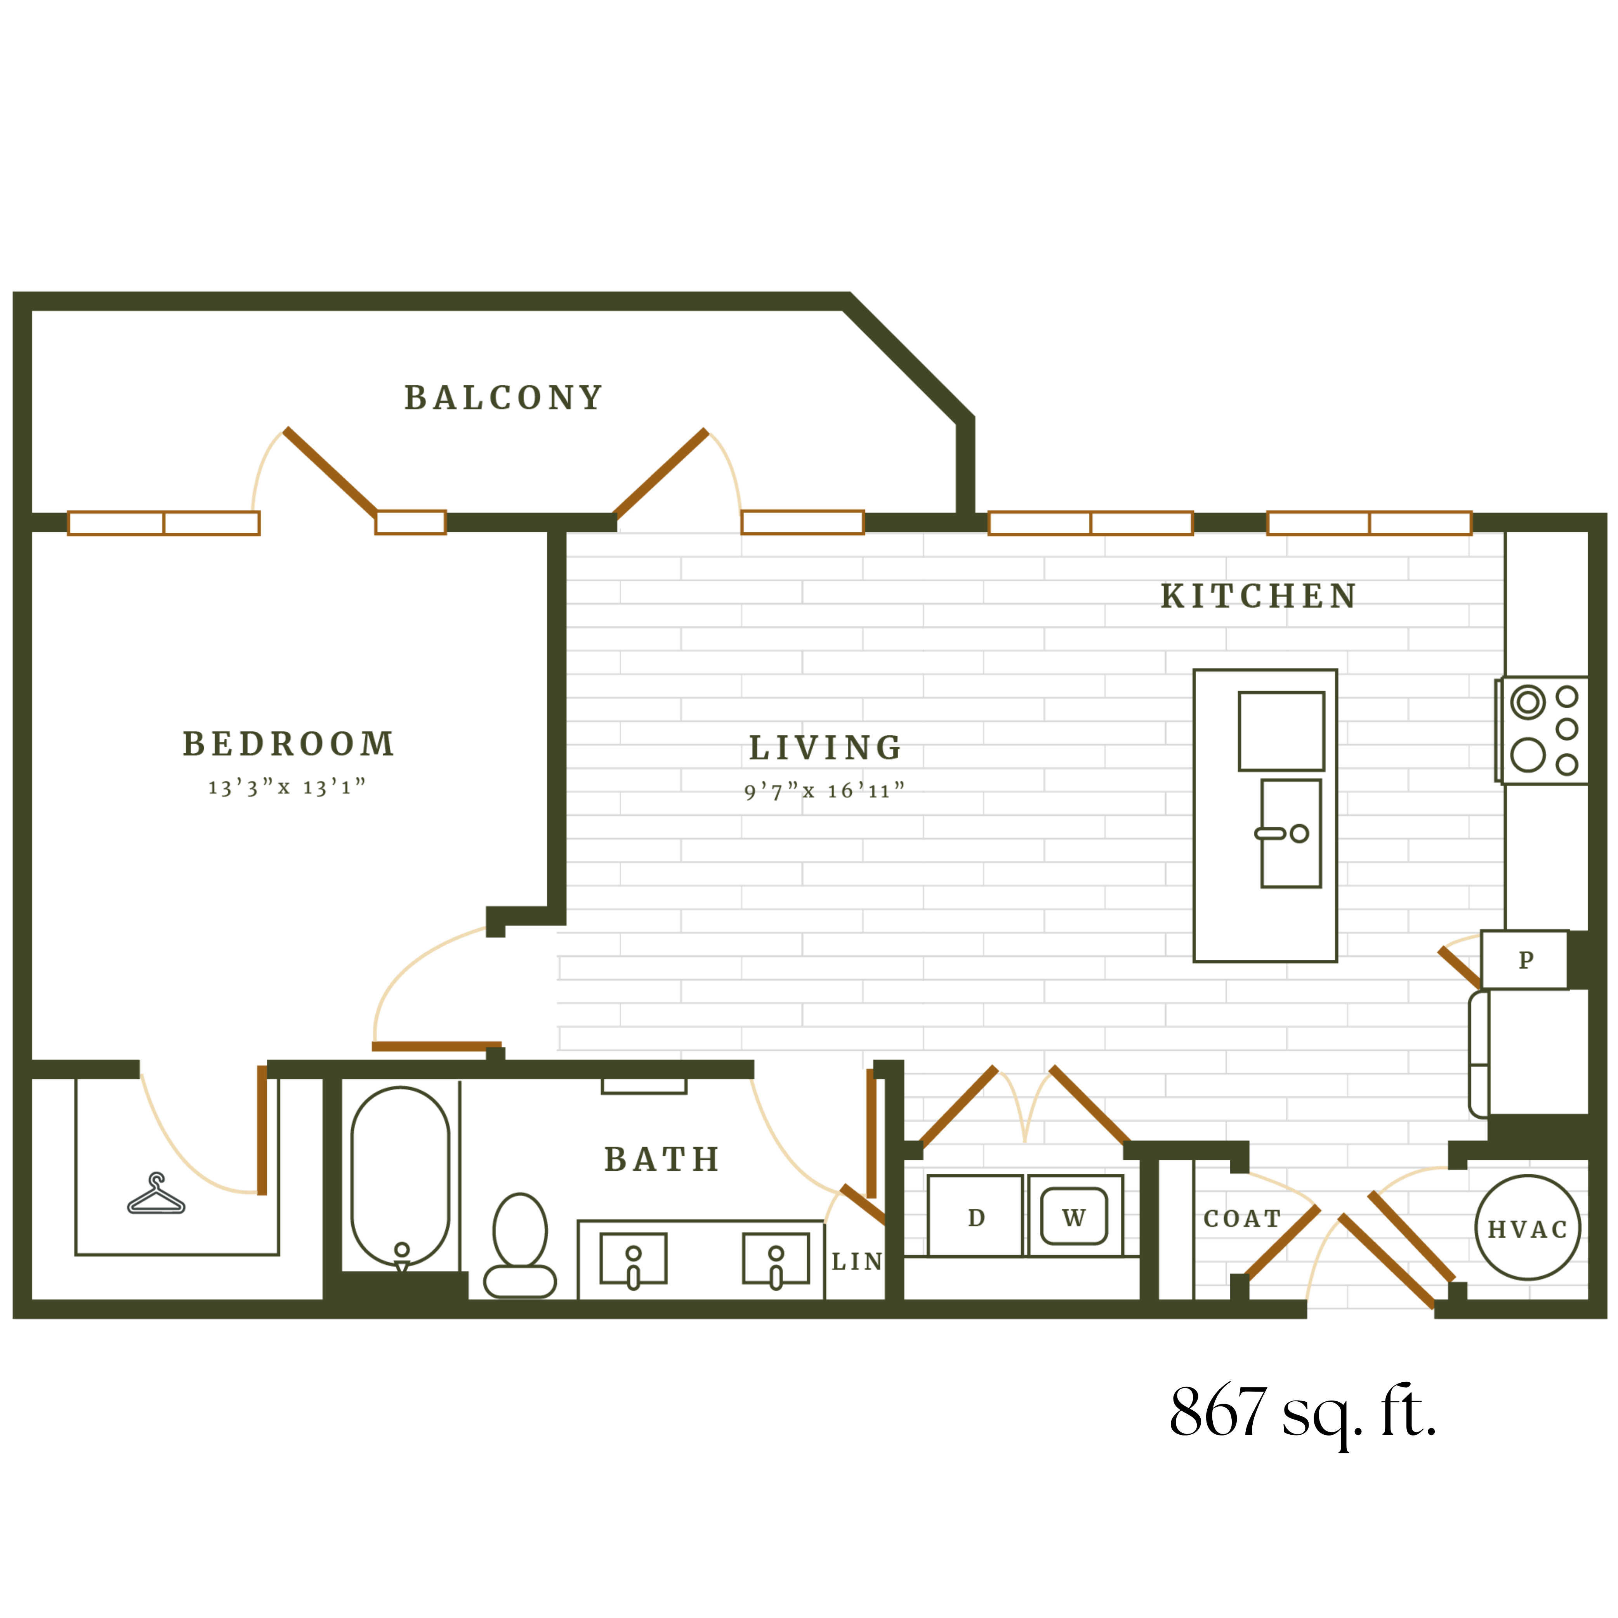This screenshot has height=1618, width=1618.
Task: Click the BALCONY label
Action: click(503, 398)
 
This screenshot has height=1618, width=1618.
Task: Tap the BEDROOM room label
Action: click(288, 744)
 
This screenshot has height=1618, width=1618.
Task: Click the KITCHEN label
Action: click(1258, 596)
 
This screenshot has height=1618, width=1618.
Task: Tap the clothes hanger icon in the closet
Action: click(156, 1194)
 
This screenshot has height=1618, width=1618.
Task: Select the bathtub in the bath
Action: click(400, 1176)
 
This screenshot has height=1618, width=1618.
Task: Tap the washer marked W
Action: click(1074, 1217)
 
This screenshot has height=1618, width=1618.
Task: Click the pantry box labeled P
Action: click(1525, 960)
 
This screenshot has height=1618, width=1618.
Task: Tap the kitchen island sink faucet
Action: click(1271, 833)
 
